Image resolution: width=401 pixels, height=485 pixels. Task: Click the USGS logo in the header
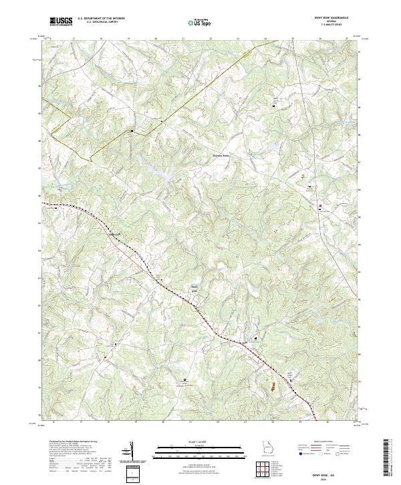[61, 21]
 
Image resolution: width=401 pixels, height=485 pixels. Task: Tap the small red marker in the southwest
[105, 357]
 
